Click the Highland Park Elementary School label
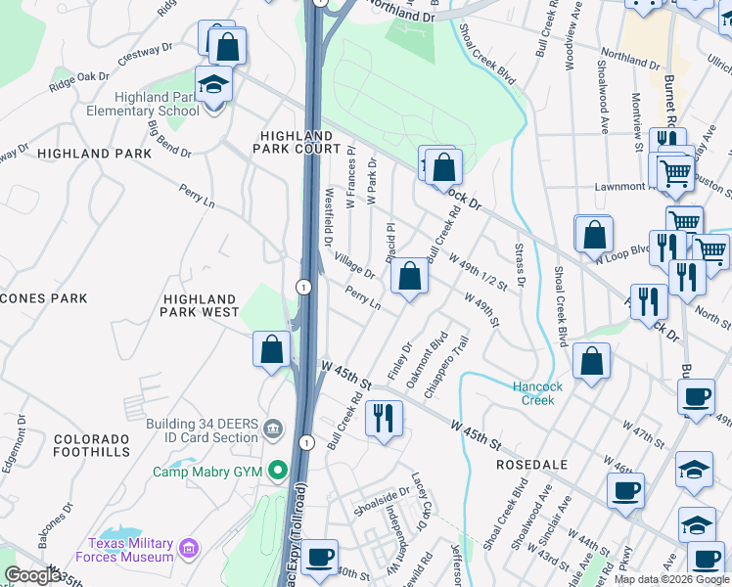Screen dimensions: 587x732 (x=157, y=104)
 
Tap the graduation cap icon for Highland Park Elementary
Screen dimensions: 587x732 (x=212, y=85)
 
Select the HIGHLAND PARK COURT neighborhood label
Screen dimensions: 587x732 (x=293, y=141)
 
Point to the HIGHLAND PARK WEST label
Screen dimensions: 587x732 (x=201, y=305)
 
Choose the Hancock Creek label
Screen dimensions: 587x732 (x=538, y=393)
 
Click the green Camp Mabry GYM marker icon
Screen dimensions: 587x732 (x=279, y=472)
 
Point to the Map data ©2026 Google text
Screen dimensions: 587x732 (x=671, y=579)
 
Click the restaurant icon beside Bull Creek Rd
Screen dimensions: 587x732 (x=384, y=419)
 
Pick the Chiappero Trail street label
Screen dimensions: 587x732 (x=445, y=361)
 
